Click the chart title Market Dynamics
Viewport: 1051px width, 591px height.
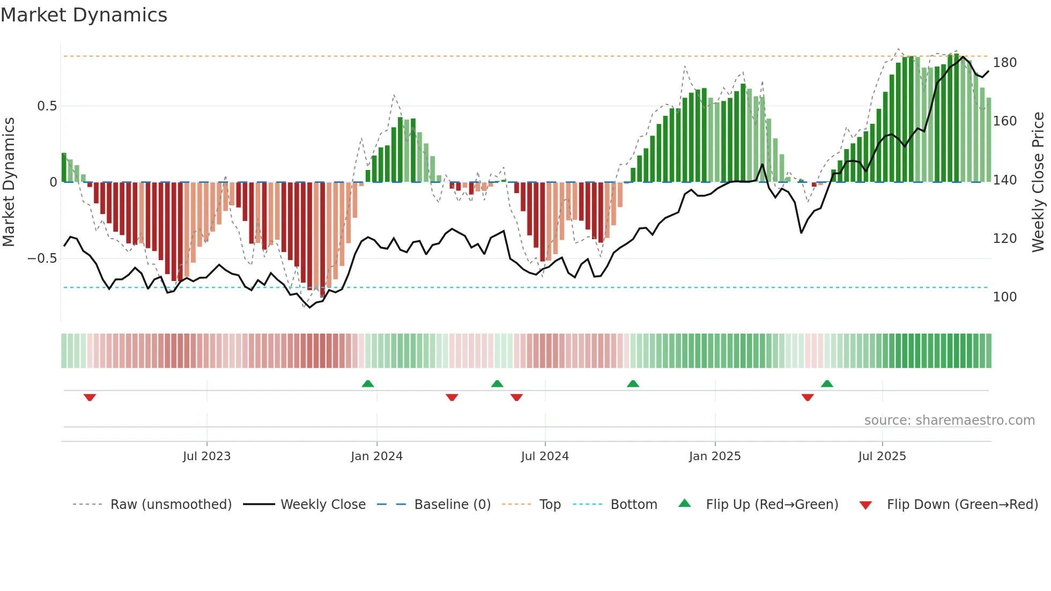pyautogui.click(x=84, y=15)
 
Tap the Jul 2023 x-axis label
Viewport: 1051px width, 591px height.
pyautogui.click(x=206, y=456)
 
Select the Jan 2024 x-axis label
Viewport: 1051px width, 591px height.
pyautogui.click(x=376, y=456)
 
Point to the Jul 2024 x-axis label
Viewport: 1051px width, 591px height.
pyautogui.click(x=545, y=456)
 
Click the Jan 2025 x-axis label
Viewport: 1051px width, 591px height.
pyautogui.click(x=715, y=456)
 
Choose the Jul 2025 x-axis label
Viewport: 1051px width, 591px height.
pyautogui.click(x=882, y=456)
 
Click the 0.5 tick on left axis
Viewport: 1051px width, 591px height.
pyautogui.click(x=47, y=106)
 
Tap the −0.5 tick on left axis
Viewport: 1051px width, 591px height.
pyautogui.click(x=42, y=258)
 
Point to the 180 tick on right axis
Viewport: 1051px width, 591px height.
pyautogui.click(x=1004, y=63)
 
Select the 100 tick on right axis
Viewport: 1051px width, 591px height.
pyautogui.click(x=1004, y=297)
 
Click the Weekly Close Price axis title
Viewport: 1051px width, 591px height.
pyautogui.click(x=1038, y=182)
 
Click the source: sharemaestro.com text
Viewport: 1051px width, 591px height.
pyautogui.click(x=949, y=420)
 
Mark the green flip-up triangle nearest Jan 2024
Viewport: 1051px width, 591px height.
pyautogui.click(x=368, y=383)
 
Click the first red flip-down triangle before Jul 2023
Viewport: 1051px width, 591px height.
pyautogui.click(x=90, y=397)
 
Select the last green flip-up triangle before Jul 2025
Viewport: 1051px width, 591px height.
pyautogui.click(x=827, y=383)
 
